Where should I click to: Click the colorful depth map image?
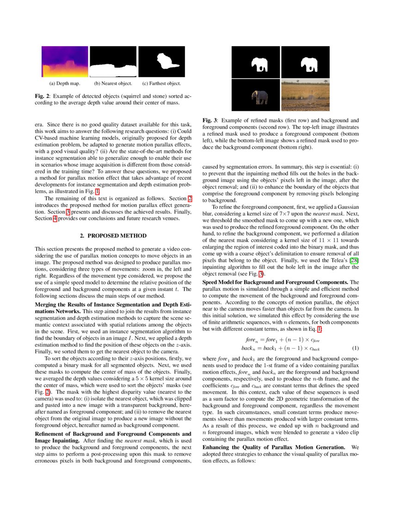click(65, 62)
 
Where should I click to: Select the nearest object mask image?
click(113, 62)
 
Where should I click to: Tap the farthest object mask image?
click(161, 62)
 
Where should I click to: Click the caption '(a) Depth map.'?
click(65, 84)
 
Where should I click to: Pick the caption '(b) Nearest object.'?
click(113, 84)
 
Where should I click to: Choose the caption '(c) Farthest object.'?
click(161, 84)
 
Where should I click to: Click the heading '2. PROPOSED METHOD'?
click(113, 236)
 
